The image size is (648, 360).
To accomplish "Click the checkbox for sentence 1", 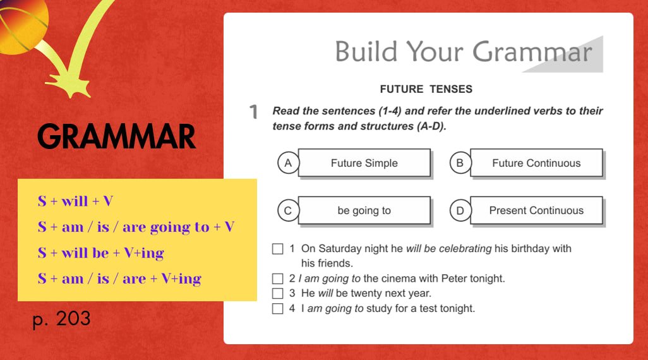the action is click(x=278, y=249).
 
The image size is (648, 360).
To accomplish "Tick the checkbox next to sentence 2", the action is click(x=278, y=279).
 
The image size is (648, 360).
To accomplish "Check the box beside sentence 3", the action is click(x=278, y=294).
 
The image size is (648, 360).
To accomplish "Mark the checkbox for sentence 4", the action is click(x=278, y=309).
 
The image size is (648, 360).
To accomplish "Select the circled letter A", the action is click(x=288, y=163).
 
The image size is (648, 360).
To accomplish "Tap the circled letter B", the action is click(x=460, y=163).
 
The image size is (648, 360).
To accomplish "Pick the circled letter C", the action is click(x=288, y=210).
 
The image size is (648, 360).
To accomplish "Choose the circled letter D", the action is click(x=460, y=210).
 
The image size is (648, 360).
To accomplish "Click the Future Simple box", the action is click(x=364, y=163).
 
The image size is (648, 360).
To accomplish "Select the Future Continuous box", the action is click(x=536, y=163).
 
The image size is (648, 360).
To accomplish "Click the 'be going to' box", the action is click(x=364, y=210).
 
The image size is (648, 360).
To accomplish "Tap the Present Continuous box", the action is click(x=536, y=210).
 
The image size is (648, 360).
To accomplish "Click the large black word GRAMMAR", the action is click(x=117, y=136).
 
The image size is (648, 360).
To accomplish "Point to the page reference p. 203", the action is click(x=61, y=319).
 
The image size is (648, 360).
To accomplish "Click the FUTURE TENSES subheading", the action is click(x=426, y=89).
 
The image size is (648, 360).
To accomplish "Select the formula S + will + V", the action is click(x=75, y=201).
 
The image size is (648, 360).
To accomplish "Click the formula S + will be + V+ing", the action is click(x=101, y=253).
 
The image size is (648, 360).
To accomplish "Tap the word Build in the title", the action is click(x=366, y=52).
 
